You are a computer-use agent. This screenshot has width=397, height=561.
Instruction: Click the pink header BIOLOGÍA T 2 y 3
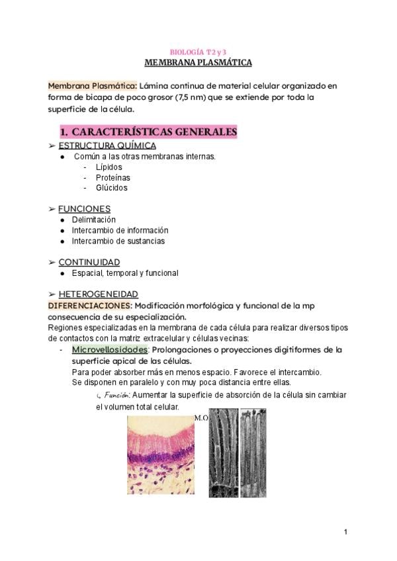[x=198, y=52]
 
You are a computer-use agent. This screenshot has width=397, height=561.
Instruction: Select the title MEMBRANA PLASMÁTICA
[x=198, y=63]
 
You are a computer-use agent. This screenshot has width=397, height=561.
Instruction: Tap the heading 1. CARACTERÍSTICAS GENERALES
[x=148, y=132]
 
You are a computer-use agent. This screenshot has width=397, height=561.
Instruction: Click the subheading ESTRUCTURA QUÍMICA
[x=107, y=146]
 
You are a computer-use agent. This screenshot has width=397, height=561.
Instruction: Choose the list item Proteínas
[x=112, y=177]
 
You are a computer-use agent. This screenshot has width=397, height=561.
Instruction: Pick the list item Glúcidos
[x=112, y=188]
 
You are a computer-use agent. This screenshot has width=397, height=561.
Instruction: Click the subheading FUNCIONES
[x=84, y=209]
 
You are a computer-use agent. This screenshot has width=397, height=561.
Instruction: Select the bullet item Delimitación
[x=93, y=220]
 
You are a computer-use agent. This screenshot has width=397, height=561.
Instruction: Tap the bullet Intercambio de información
[x=120, y=230]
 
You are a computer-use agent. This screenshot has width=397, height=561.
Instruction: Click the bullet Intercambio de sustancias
[x=118, y=241]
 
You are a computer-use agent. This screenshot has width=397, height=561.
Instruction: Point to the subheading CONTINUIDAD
[x=89, y=262]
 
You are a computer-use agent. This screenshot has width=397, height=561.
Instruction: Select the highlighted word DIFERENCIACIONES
[x=89, y=305]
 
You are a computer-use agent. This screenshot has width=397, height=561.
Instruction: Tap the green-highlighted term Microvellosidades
[x=110, y=349]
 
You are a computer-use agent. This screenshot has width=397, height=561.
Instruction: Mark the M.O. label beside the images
[x=202, y=418]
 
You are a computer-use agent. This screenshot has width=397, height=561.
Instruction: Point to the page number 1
[x=345, y=532]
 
